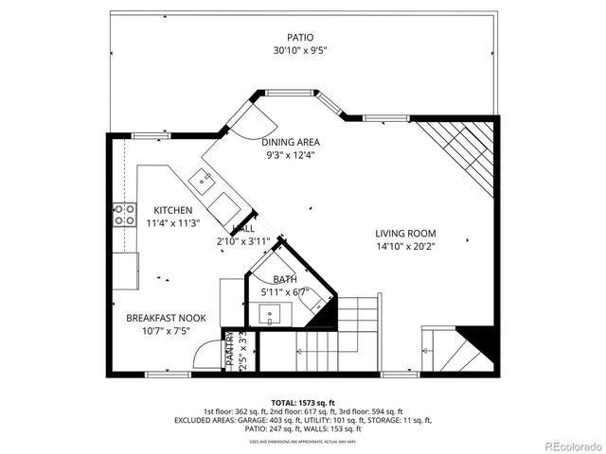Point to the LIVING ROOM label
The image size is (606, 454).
[x=404, y=234]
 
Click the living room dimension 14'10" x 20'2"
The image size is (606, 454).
[x=404, y=247]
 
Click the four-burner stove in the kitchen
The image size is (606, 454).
[x=124, y=215]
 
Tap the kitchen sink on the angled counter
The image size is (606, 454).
[x=203, y=177]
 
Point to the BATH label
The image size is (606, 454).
[x=284, y=280]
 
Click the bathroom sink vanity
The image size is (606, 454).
[x=271, y=314]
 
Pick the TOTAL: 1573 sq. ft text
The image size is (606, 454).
[x=302, y=401]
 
